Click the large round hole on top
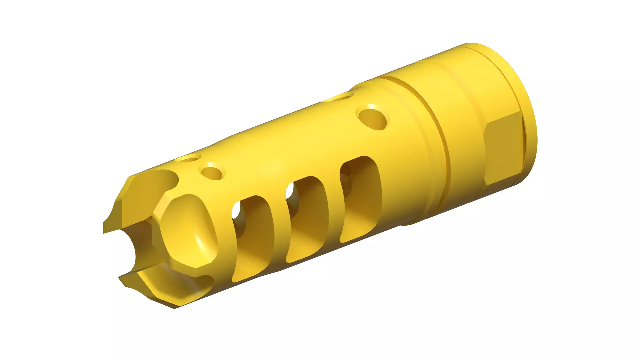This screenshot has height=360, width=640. click(373, 117)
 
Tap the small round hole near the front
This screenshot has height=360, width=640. click(212, 172)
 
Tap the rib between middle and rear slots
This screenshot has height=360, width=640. click(334, 213)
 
